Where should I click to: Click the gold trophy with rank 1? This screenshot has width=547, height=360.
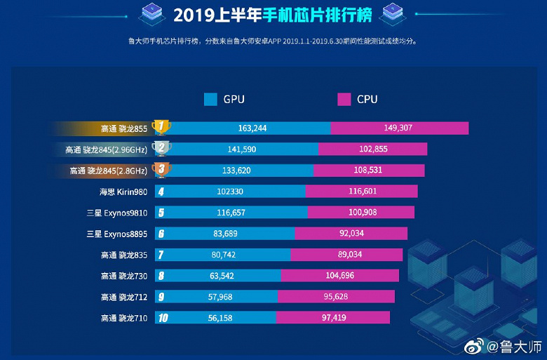tap(161, 127)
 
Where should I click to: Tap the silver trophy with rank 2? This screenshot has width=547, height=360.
tap(161, 148)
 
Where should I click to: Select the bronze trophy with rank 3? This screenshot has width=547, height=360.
tap(161, 170)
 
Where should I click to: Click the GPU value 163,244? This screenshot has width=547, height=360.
tap(254, 128)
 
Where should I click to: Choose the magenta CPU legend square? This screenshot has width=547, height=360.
tap(344, 99)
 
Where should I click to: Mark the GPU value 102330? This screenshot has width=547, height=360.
tap(234, 192)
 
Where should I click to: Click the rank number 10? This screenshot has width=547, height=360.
tap(162, 318)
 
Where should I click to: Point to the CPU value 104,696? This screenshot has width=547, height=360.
tap(340, 276)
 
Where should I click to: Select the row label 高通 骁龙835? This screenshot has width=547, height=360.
tap(124, 255)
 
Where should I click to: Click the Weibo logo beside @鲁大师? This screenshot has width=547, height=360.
tap(475, 347)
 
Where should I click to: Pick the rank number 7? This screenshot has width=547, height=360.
tap(161, 255)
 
